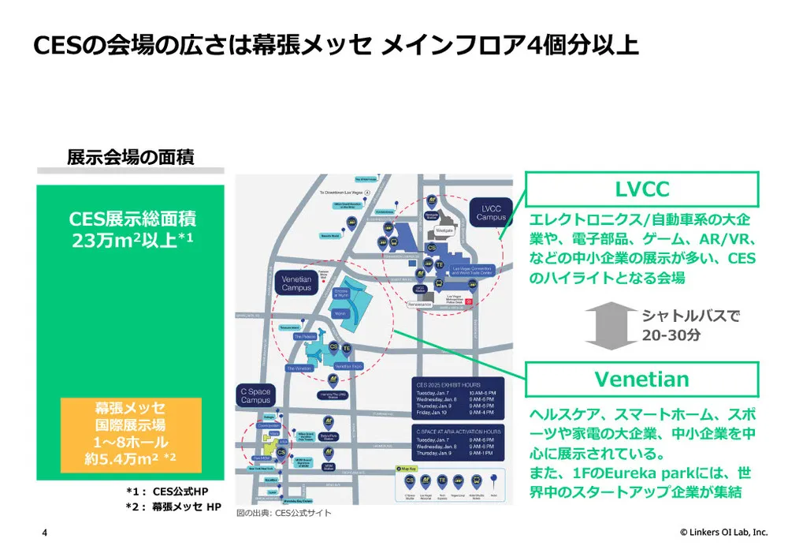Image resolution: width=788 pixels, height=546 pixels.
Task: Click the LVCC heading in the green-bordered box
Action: (x=641, y=189)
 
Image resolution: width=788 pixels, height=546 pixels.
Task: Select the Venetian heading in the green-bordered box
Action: (x=641, y=380)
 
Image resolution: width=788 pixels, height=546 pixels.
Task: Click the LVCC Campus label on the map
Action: (x=491, y=212)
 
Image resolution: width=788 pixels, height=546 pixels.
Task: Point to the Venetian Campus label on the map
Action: (x=296, y=282)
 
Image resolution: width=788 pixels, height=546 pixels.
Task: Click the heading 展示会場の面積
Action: (x=131, y=156)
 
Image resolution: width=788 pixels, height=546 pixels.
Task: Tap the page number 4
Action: (x=44, y=533)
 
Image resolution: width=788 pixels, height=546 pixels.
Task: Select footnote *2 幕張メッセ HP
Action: (x=173, y=507)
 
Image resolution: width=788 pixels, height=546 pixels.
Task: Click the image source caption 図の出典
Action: (x=284, y=514)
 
